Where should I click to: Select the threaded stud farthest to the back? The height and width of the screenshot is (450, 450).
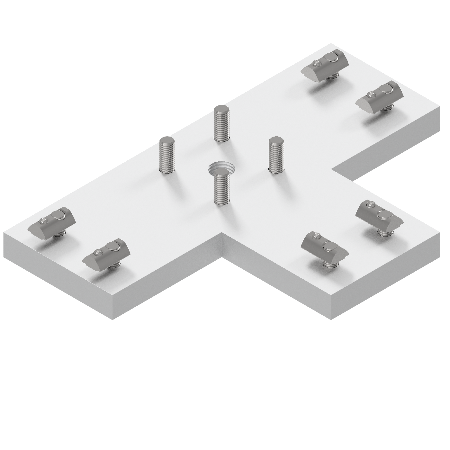221,123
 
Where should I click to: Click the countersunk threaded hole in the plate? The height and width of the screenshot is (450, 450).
221,168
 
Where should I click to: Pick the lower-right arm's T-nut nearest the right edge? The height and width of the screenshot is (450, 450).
379,215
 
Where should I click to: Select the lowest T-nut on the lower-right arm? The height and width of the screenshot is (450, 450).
325,246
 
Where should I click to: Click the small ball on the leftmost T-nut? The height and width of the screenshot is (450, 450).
43,221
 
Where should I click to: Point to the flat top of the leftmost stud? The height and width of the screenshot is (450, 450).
167,140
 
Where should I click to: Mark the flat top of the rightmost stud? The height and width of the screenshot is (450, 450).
276,140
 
